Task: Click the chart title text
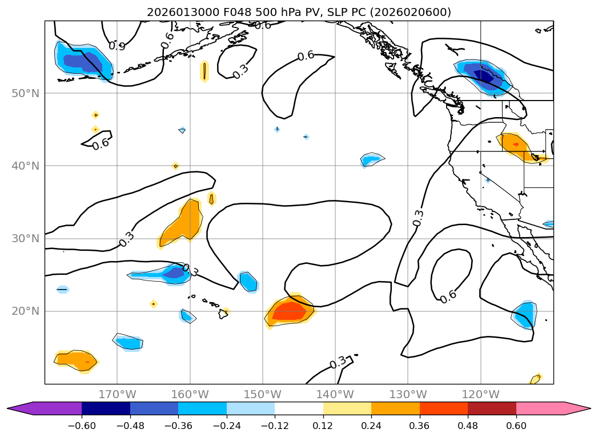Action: click(299, 12)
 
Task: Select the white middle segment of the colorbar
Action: click(299, 408)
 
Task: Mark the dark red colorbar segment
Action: click(492, 408)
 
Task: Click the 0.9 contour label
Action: click(117, 46)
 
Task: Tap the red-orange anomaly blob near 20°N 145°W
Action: click(290, 311)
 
